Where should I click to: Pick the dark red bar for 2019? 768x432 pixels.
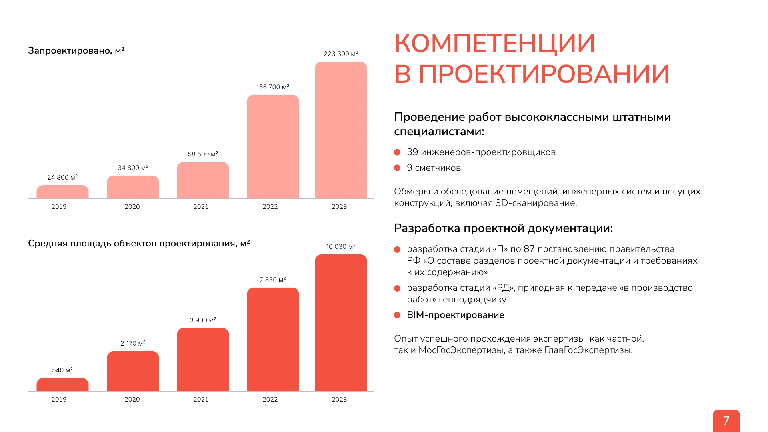click(62, 384)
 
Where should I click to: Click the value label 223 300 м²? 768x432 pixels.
click(341, 54)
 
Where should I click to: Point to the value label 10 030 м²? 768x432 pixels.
click(340, 246)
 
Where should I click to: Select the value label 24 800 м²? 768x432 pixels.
click(62, 177)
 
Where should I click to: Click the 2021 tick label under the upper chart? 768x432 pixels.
click(201, 206)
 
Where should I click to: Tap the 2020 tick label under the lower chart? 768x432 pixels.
click(132, 399)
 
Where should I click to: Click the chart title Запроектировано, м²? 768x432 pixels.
click(76, 50)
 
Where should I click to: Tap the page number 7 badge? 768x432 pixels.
click(726, 420)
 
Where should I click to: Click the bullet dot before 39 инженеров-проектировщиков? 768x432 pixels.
click(397, 152)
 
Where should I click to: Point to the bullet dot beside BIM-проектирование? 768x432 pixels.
click(397, 315)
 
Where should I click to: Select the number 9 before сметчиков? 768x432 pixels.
click(410, 168)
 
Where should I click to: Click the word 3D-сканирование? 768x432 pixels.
click(536, 203)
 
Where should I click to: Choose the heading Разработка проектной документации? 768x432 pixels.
click(503, 228)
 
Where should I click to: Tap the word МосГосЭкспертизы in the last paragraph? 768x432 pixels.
click(460, 350)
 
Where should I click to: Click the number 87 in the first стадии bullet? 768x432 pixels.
click(529, 249)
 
